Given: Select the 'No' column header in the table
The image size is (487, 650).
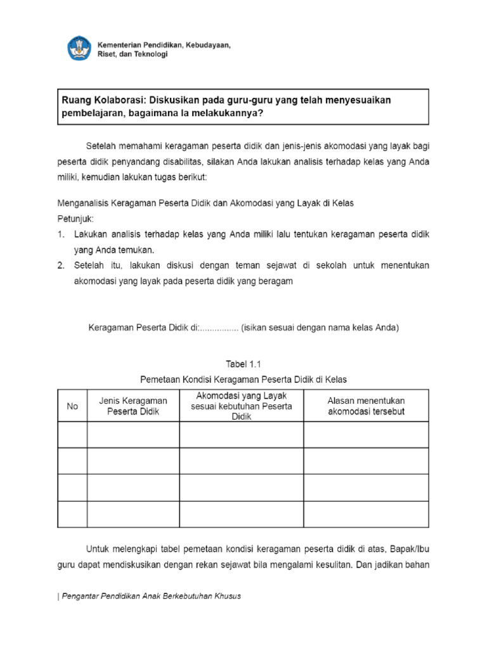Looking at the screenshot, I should (72, 406).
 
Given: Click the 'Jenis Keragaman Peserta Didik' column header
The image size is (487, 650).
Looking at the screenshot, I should (133, 406).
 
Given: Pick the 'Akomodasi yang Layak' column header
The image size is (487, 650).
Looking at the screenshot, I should (241, 406).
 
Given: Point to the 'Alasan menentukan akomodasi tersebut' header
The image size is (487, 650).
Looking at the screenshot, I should (366, 406).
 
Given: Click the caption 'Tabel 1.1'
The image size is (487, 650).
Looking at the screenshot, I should (243, 364).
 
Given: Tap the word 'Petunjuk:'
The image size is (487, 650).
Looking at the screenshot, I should (75, 218).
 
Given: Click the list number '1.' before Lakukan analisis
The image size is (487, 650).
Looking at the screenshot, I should (62, 234).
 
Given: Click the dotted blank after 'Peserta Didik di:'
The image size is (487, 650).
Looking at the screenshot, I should (219, 328).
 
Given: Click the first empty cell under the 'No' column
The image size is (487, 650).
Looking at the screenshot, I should (72, 434).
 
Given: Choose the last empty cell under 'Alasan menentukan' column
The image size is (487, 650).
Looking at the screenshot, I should (366, 514).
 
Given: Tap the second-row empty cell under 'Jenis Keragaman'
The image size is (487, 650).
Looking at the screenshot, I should (133, 461).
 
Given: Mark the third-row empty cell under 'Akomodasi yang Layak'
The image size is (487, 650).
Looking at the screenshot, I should (241, 487).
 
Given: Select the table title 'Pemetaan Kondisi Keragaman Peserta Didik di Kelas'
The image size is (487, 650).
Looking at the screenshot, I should (243, 379).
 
